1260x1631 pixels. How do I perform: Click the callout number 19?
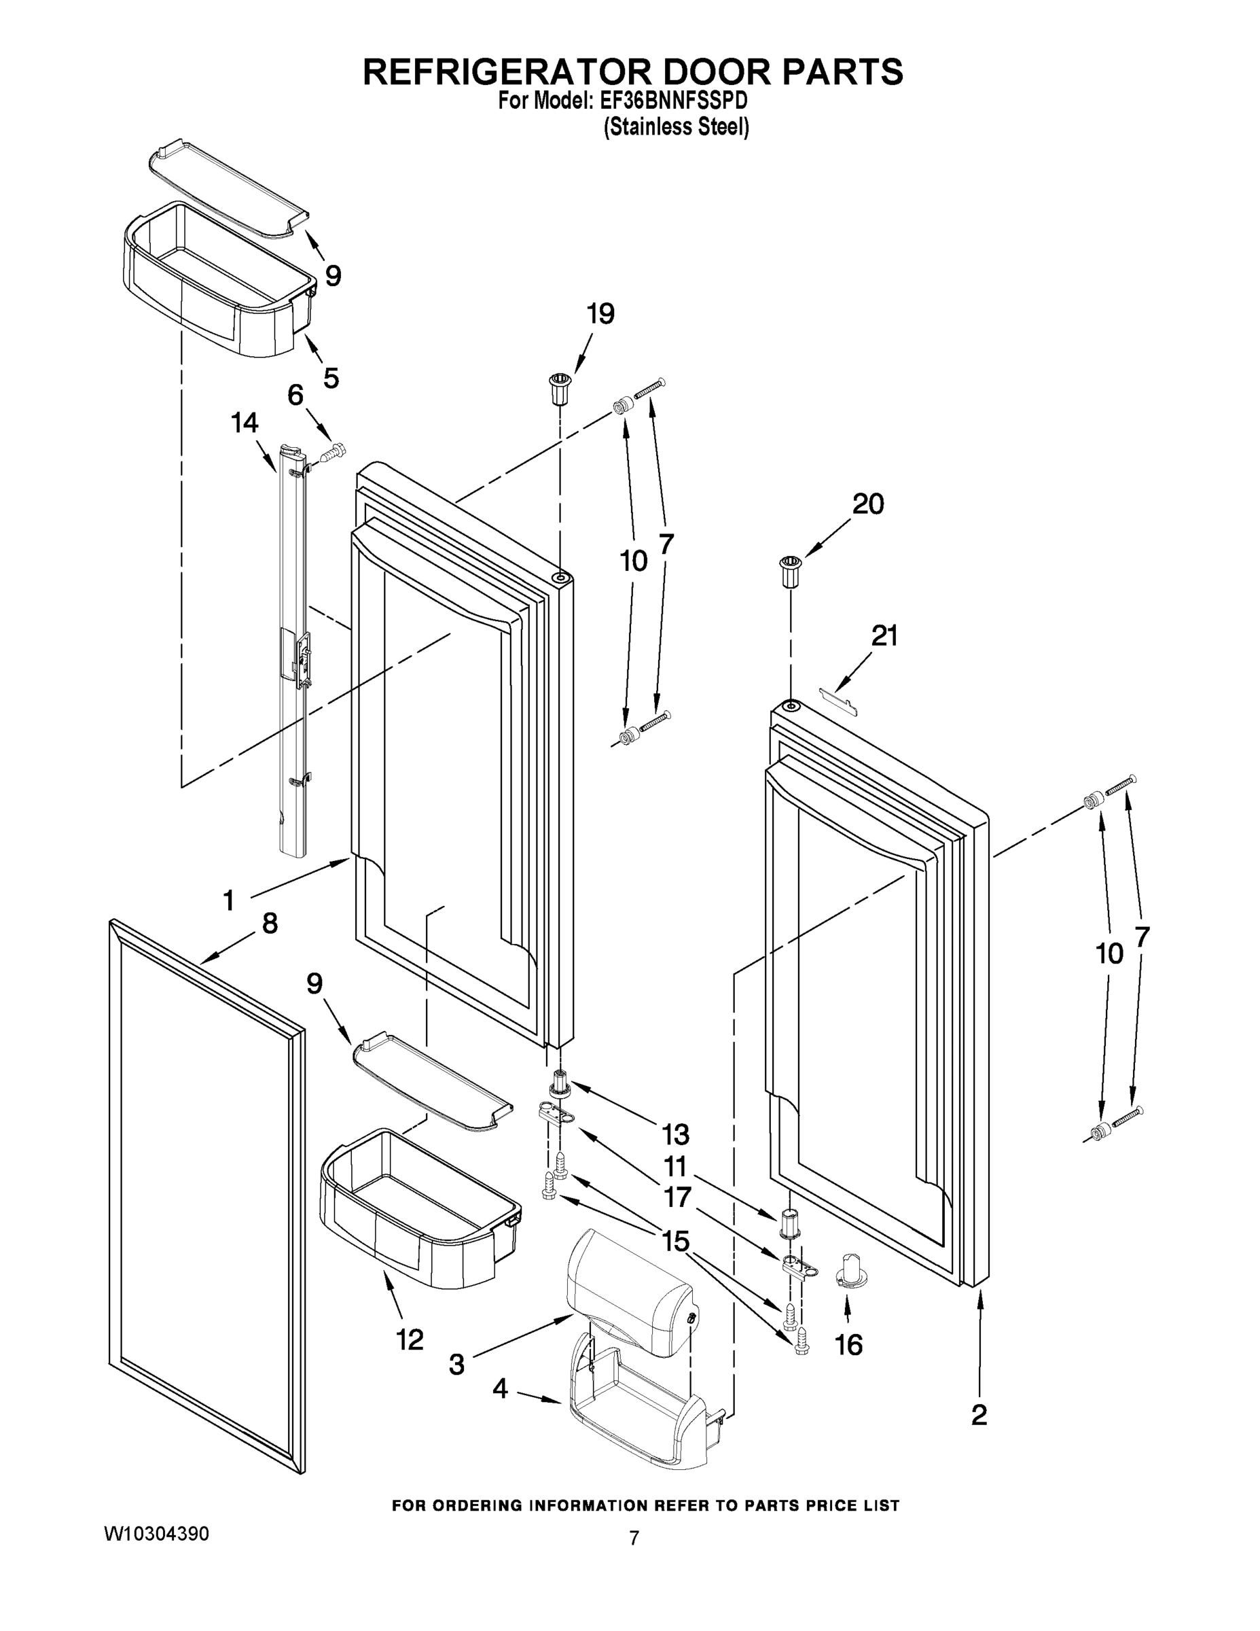[600, 315]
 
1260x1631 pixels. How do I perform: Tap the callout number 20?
[868, 504]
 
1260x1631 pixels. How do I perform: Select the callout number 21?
[884, 635]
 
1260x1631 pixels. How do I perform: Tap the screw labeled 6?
[334, 452]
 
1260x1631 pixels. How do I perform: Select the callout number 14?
[244, 423]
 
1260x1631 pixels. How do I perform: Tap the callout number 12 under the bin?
[409, 1339]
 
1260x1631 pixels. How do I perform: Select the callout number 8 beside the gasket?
[270, 924]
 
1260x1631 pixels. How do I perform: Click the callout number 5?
[331, 378]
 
